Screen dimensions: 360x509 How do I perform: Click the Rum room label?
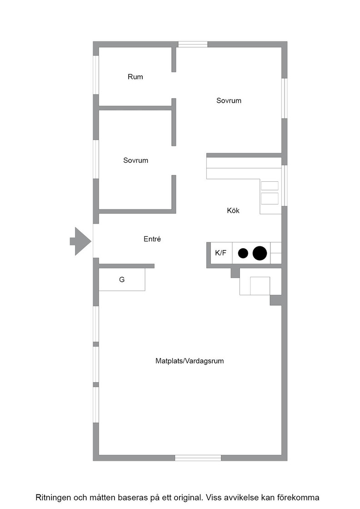pyautogui.click(x=135, y=77)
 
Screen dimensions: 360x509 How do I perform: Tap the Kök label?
pyautogui.click(x=233, y=210)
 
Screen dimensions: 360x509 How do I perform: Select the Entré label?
pyautogui.click(x=152, y=239)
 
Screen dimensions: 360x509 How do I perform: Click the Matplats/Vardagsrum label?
pyautogui.click(x=190, y=361)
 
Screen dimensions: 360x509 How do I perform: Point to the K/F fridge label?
pyautogui.click(x=221, y=253)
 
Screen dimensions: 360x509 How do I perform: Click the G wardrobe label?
pyautogui.click(x=122, y=279)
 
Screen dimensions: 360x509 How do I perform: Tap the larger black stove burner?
pyautogui.click(x=260, y=253)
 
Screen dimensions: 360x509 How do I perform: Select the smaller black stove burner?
pyautogui.click(x=243, y=253)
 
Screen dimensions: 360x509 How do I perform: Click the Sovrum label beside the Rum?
pyautogui.click(x=229, y=100)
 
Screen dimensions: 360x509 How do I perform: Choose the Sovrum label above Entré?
pyautogui.click(x=136, y=160)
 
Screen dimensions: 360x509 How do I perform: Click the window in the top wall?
pyautogui.click(x=193, y=44)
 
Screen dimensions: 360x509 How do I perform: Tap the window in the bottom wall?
pyautogui.click(x=198, y=458)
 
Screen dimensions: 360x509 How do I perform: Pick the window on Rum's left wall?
pyautogui.click(x=96, y=75)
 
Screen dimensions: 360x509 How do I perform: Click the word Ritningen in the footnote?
pyautogui.click(x=53, y=498)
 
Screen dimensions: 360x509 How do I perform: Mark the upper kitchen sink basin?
pyautogui.click(x=270, y=186)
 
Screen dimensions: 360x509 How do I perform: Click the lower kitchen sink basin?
pyautogui.click(x=270, y=199)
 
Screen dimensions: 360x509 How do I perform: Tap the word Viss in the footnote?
pyautogui.click(x=213, y=498)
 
